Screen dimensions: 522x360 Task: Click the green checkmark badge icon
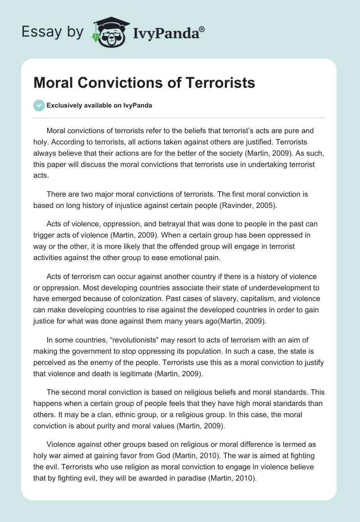point(39,105)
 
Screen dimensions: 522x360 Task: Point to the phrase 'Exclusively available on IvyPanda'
point(99,106)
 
